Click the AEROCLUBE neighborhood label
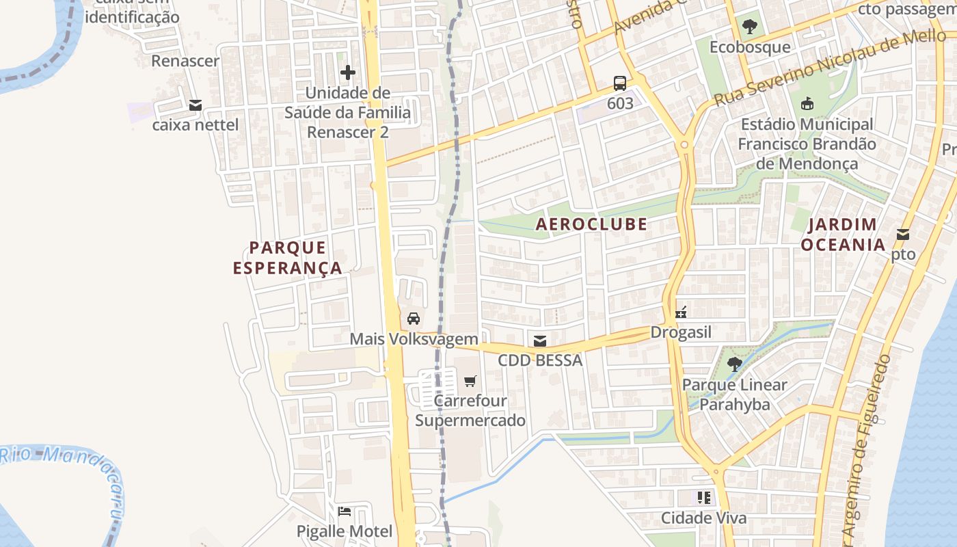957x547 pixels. click(x=591, y=224)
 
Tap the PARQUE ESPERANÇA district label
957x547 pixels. click(x=287, y=258)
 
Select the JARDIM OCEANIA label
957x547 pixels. click(x=843, y=235)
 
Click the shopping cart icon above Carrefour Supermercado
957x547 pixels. click(x=470, y=381)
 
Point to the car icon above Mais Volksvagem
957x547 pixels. click(x=414, y=319)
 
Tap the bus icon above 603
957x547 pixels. click(x=620, y=83)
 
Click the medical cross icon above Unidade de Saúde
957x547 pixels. click(x=348, y=72)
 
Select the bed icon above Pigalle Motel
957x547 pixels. click(x=345, y=511)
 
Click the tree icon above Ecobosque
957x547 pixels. click(x=750, y=27)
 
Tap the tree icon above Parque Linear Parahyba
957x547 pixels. click(x=735, y=364)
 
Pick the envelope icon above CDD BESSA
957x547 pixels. click(x=540, y=341)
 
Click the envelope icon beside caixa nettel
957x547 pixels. click(x=196, y=105)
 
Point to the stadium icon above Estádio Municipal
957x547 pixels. click(x=807, y=104)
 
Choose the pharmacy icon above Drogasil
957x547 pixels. click(x=681, y=312)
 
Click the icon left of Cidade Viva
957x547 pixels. click(x=704, y=498)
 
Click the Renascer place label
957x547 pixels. click(x=185, y=61)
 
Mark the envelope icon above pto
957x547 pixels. click(x=903, y=235)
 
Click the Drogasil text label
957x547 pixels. click(x=681, y=332)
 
